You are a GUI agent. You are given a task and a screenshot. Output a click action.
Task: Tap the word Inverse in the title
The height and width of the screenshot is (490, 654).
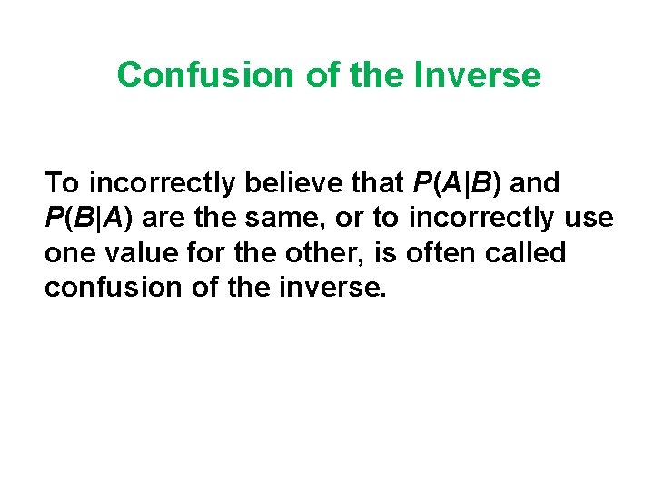(x=477, y=74)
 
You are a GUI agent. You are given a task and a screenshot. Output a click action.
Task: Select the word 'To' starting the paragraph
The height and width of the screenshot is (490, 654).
(x=62, y=183)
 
